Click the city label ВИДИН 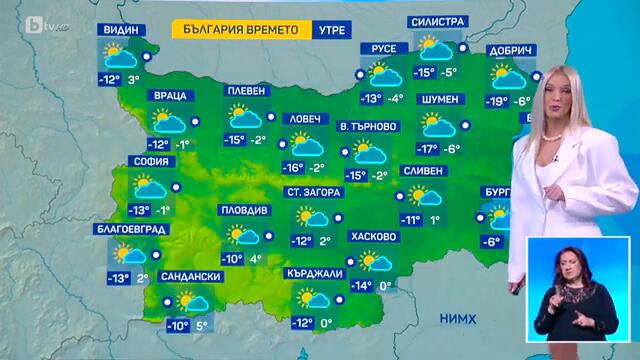(x=119, y=30)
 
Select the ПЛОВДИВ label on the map (x=244, y=211)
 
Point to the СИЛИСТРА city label (x=438, y=22)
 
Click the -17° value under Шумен (x=428, y=149)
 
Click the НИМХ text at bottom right (x=458, y=318)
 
